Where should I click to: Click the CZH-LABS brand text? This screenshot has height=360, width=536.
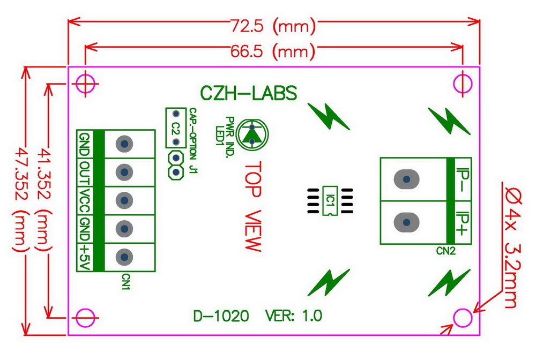[x=248, y=94]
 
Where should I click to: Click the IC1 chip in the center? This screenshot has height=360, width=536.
[x=330, y=201]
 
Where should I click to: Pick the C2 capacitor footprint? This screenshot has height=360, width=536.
[x=175, y=129]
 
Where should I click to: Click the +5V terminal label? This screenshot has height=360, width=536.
[x=84, y=257]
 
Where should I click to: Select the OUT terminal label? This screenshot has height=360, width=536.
[x=84, y=172]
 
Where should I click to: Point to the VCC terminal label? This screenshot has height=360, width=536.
[x=84, y=200]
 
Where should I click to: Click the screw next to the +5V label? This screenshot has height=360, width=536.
[x=124, y=257]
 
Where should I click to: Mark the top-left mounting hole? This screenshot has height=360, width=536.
[x=86, y=83]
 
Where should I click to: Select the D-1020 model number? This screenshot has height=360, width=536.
[x=220, y=316]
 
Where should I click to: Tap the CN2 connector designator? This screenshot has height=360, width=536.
[x=445, y=250]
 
